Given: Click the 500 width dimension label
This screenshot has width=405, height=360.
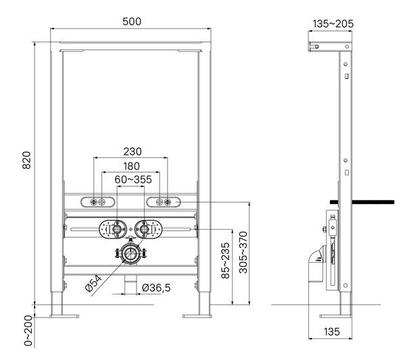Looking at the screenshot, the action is [x=132, y=22].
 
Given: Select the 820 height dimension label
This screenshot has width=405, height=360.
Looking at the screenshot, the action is [x=26, y=160].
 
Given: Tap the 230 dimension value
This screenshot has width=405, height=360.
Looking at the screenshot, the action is [x=133, y=151].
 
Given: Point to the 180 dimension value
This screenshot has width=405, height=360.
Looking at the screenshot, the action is [x=131, y=166].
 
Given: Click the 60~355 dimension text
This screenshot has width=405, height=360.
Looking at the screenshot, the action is [x=133, y=180].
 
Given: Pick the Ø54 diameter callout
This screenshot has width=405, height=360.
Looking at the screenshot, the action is [x=93, y=284].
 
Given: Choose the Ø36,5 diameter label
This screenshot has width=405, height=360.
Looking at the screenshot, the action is [x=156, y=288].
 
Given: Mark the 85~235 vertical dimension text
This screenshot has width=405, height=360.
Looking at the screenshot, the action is [x=225, y=261].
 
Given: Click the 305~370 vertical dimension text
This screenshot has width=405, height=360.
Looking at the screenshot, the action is [x=243, y=253].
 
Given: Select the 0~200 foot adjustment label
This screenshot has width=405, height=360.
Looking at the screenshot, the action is [x=28, y=331].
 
